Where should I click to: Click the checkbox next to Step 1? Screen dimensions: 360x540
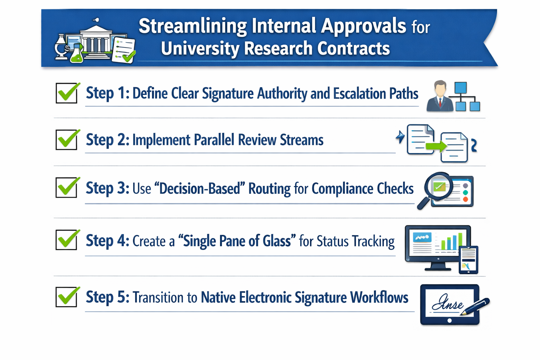click(x=66, y=93)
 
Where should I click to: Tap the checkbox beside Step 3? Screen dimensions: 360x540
click(x=66, y=187)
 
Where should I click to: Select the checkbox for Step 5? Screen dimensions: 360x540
click(x=66, y=297)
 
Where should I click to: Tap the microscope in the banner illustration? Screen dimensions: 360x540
click(x=62, y=47)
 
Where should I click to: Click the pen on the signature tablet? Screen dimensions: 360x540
click(x=476, y=306)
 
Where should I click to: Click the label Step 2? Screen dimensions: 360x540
click(x=108, y=140)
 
